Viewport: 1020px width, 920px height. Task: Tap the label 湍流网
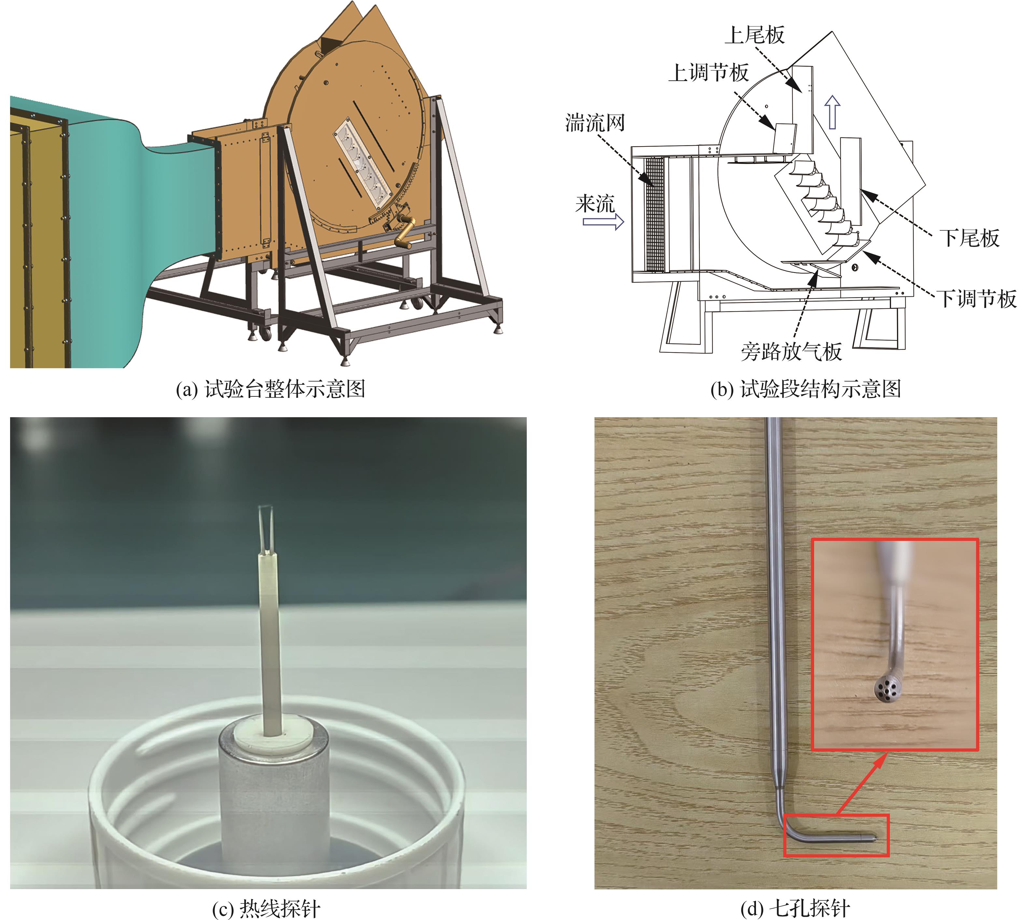tap(595, 122)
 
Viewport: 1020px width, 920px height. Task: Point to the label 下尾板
tap(970, 238)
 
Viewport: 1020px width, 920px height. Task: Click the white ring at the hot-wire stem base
tap(273, 736)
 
